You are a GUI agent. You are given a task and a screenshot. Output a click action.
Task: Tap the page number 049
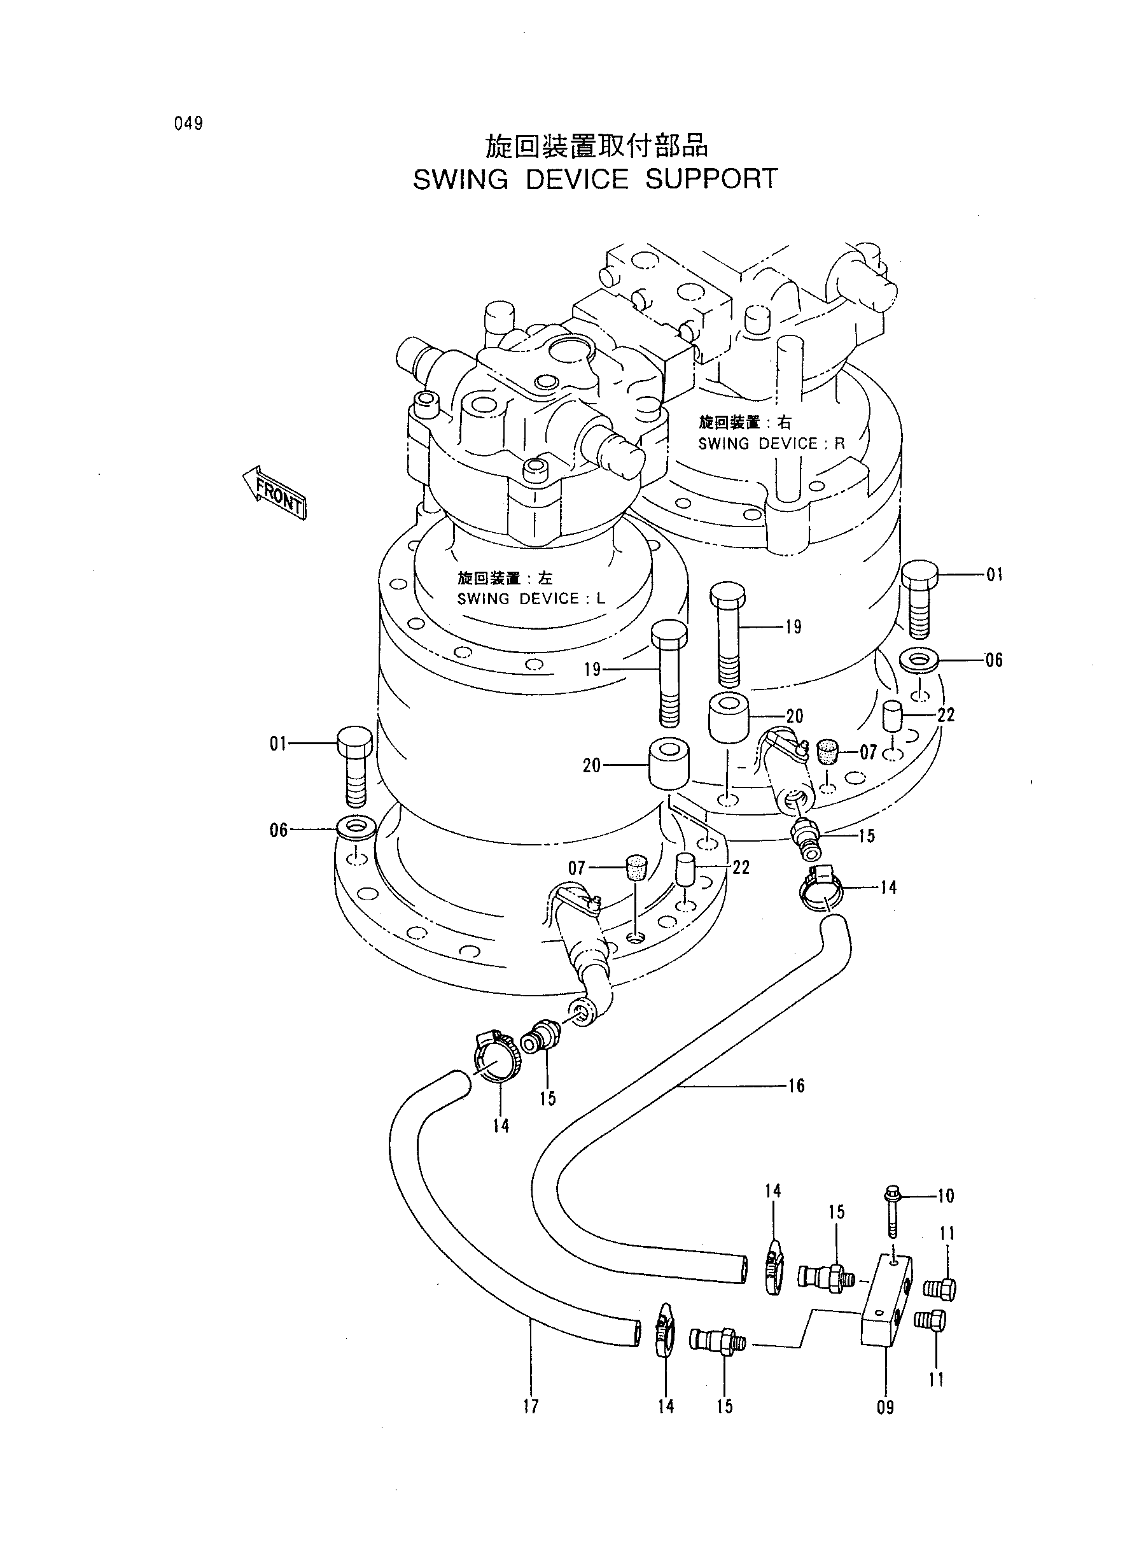tap(188, 124)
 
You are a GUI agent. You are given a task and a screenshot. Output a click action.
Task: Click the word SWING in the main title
tap(461, 180)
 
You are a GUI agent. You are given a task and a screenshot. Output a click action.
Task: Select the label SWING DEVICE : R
tap(772, 444)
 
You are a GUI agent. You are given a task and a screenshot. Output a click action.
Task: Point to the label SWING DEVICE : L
tap(531, 598)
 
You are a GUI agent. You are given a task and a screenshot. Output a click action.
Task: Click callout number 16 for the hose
tap(796, 1085)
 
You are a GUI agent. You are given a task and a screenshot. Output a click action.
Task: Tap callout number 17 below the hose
tap(531, 1406)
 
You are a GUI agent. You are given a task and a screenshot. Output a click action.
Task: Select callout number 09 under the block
tap(885, 1408)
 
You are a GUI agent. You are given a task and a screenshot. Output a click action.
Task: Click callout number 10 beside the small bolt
tap(946, 1196)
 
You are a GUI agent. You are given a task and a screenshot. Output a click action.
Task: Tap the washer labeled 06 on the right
tap(918, 661)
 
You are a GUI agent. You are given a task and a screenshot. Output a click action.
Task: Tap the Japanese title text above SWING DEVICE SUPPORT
tap(596, 145)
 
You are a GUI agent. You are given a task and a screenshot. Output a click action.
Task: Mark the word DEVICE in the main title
tap(577, 180)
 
